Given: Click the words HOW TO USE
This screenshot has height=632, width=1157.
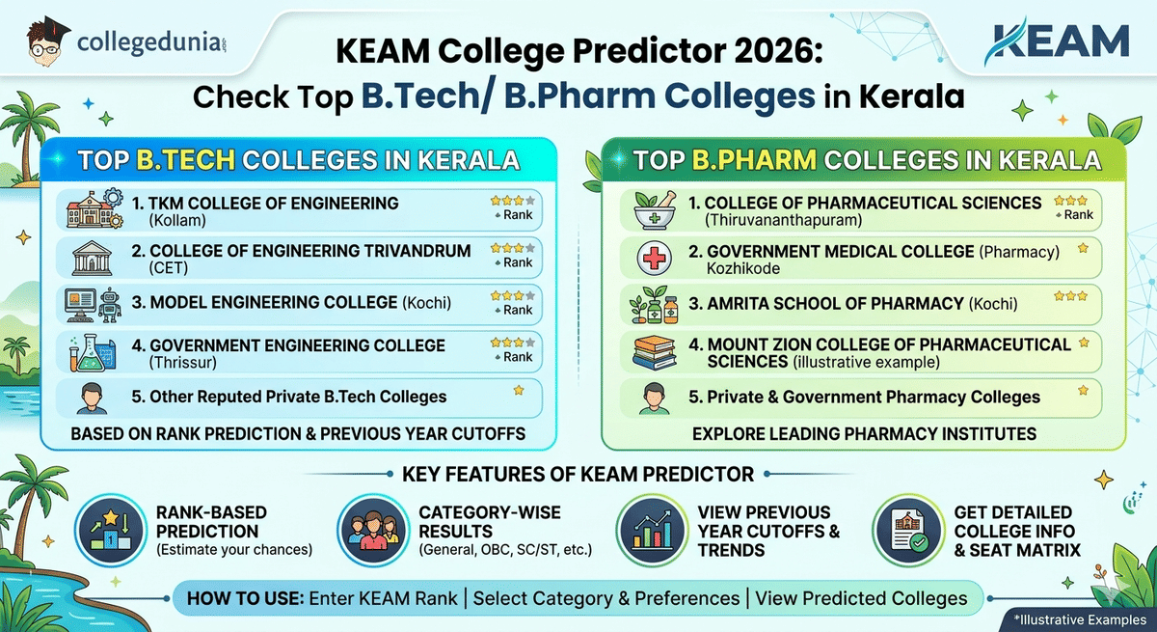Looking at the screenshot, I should (243, 598).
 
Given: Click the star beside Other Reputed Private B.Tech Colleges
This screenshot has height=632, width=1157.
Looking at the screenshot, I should (519, 391).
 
